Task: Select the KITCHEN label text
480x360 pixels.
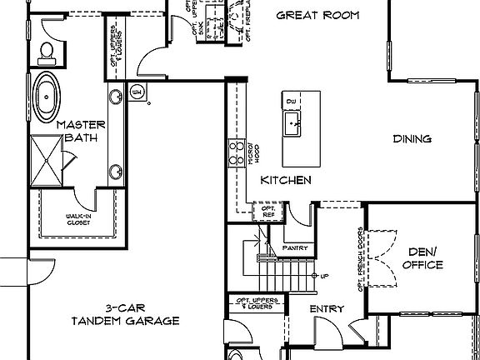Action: pyautogui.click(x=286, y=180)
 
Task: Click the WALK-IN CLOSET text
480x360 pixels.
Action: pyautogui.click(x=78, y=219)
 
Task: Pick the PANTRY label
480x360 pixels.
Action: pyautogui.click(x=296, y=247)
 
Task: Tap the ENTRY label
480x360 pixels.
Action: pyautogui.click(x=327, y=309)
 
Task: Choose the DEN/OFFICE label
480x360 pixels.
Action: pyautogui.click(x=422, y=258)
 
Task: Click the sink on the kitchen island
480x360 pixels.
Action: pyautogui.click(x=292, y=125)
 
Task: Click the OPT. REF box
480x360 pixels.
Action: pyautogui.click(x=268, y=212)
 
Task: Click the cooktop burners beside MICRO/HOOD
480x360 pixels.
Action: pyautogui.click(x=234, y=155)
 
